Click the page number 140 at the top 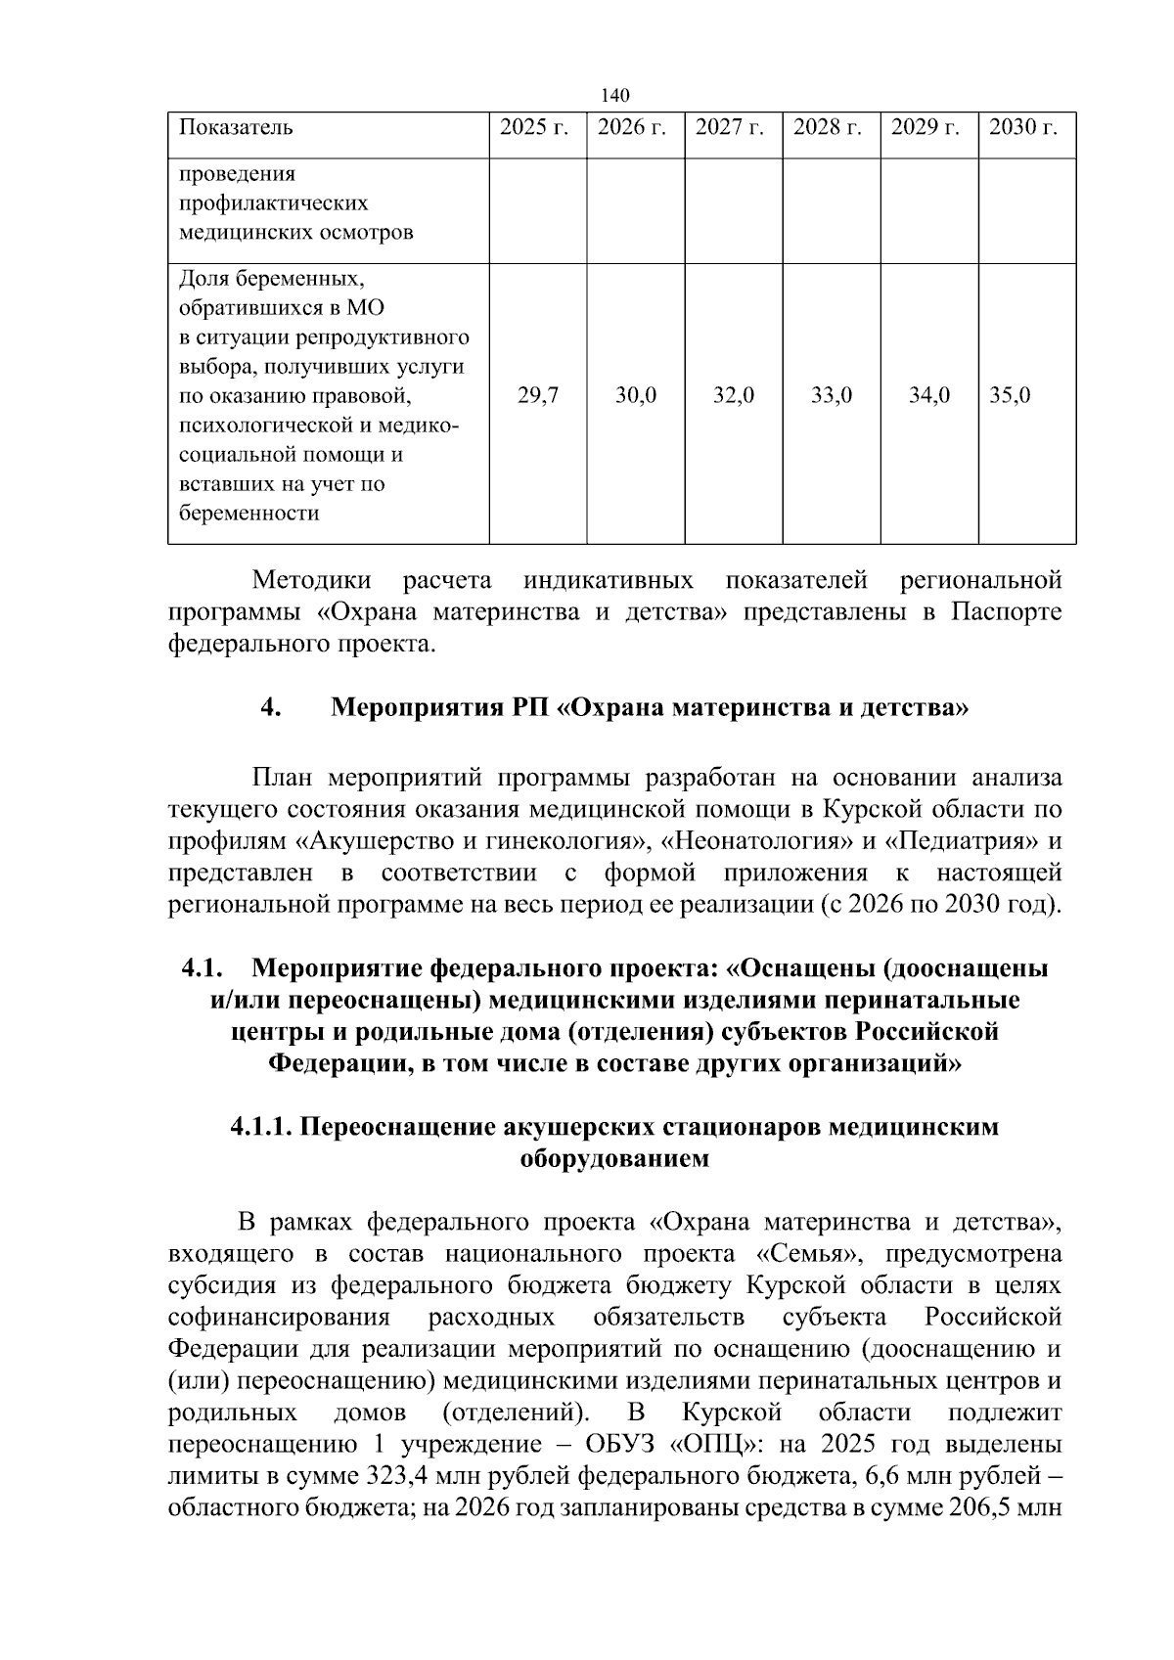tap(615, 95)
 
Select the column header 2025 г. tap(534, 127)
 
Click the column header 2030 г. tap(1023, 127)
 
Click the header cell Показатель tap(236, 127)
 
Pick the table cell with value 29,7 tap(538, 396)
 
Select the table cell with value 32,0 tap(734, 396)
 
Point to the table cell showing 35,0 tap(1011, 396)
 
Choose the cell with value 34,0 tap(929, 396)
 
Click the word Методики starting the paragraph tap(311, 581)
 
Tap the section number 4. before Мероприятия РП tap(271, 707)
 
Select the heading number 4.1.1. tap(262, 1127)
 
